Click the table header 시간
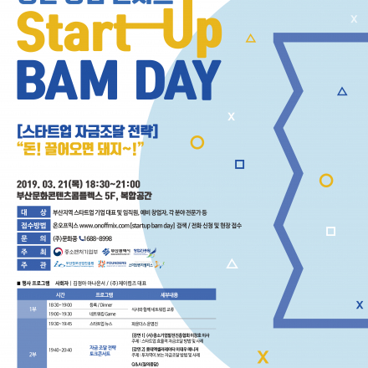coord(60,294)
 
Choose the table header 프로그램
coord(104,294)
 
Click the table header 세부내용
coord(168,294)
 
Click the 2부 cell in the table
coord(32,351)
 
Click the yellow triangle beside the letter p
coord(250,39)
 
